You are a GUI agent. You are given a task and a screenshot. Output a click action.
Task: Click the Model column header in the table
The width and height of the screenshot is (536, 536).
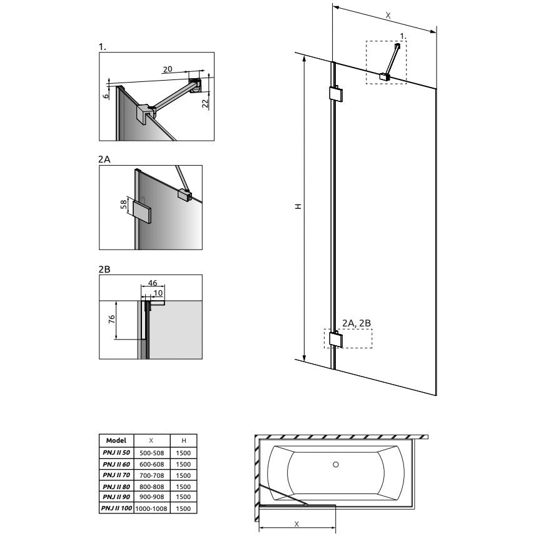click(x=116, y=440)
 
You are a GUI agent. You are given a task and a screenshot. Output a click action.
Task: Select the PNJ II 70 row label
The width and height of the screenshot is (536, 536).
click(x=116, y=475)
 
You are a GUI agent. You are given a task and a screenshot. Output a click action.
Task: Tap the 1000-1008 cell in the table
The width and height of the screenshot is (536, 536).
click(x=151, y=508)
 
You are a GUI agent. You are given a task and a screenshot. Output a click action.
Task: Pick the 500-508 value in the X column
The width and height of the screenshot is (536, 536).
click(x=152, y=453)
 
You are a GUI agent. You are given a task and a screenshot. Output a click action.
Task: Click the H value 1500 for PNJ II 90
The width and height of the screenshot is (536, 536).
click(x=183, y=497)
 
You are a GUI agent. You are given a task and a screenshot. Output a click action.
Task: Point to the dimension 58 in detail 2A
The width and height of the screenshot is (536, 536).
click(x=124, y=205)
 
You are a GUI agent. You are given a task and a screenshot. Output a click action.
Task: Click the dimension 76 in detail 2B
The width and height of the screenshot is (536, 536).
click(x=111, y=320)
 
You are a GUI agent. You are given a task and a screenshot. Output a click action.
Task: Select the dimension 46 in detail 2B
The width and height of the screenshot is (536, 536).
click(x=153, y=283)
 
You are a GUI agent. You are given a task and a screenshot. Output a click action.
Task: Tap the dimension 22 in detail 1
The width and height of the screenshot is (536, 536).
click(x=205, y=104)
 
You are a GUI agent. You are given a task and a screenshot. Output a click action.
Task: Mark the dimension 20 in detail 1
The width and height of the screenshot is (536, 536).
click(x=168, y=69)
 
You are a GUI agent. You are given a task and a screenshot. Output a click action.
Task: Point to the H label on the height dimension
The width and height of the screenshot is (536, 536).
click(x=298, y=206)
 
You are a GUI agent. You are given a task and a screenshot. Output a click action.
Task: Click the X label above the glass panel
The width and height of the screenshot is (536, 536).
click(x=388, y=16)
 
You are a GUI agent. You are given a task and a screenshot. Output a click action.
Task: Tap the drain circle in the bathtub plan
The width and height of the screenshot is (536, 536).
click(x=336, y=465)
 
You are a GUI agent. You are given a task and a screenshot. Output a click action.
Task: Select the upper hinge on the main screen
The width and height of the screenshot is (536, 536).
click(x=336, y=94)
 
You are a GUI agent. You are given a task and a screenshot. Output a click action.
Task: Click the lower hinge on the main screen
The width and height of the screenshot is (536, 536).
click(x=336, y=339)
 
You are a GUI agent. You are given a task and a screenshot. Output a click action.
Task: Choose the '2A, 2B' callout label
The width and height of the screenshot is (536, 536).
click(x=356, y=323)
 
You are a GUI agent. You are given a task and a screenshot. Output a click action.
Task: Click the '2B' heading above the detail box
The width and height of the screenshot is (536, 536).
click(x=104, y=270)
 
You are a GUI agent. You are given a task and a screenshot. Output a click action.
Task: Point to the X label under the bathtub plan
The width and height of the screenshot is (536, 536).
click(x=296, y=524)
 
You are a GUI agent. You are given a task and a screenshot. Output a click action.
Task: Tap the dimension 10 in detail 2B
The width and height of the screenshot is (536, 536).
click(x=158, y=293)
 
